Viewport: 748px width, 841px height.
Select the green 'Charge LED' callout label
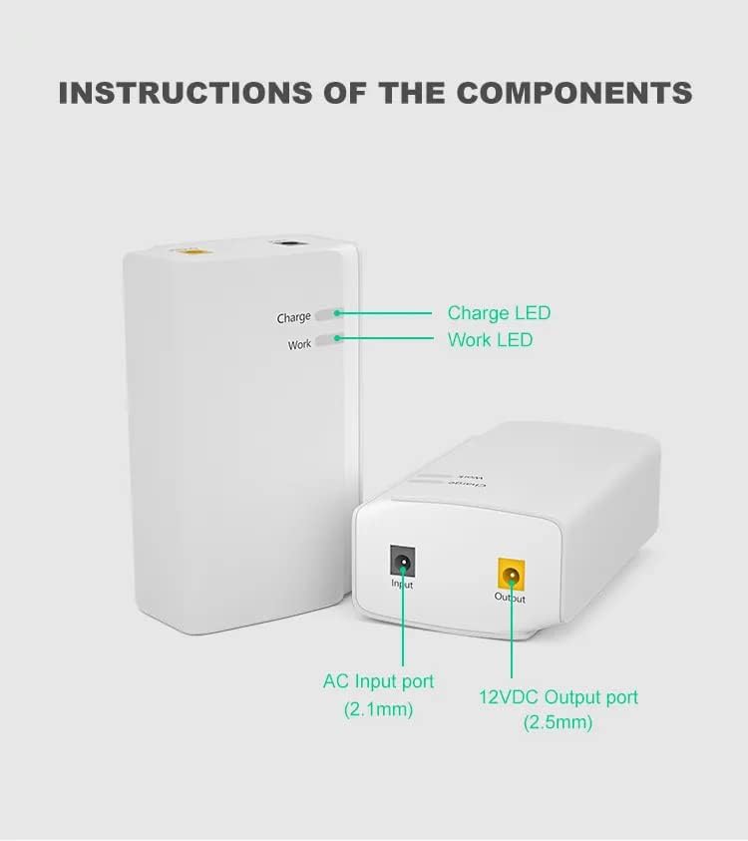tap(499, 313)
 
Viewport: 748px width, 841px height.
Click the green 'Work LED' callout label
tap(490, 340)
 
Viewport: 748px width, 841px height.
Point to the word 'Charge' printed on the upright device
tap(294, 318)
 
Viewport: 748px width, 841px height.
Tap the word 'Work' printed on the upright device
tap(299, 344)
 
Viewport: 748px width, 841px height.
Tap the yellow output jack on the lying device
tap(512, 574)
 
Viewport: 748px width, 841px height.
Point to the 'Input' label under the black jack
tap(402, 584)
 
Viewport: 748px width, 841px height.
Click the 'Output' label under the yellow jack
tap(510, 598)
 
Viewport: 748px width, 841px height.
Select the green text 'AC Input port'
tap(379, 682)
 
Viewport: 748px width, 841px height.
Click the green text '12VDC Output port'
tap(559, 697)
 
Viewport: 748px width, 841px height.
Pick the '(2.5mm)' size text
tap(559, 722)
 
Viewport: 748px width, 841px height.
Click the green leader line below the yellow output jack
tap(512, 638)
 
